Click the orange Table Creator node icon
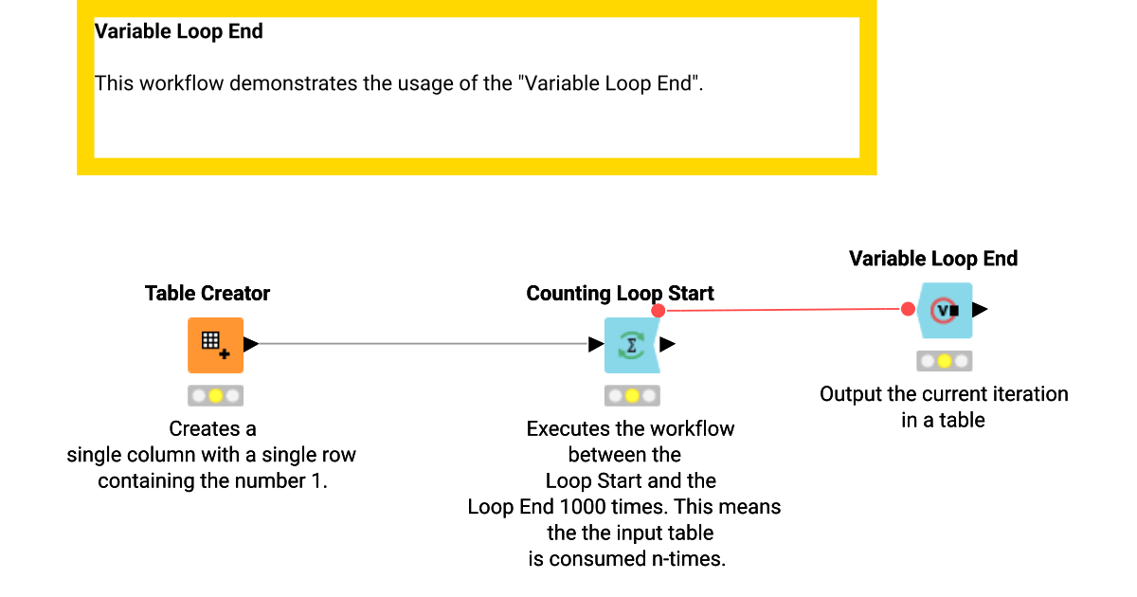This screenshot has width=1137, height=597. pyautogui.click(x=215, y=345)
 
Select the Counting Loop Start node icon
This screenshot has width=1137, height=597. pyautogui.click(x=631, y=345)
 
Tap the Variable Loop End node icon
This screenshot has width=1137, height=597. pyautogui.click(x=945, y=310)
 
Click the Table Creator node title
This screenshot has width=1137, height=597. pyautogui.click(x=208, y=294)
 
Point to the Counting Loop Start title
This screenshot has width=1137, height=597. pyautogui.click(x=620, y=294)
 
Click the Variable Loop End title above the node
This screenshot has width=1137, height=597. pyautogui.click(x=933, y=259)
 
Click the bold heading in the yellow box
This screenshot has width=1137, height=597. pyautogui.click(x=178, y=31)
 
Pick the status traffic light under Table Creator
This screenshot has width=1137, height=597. pyautogui.click(x=215, y=395)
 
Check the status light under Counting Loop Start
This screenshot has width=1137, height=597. pyautogui.click(x=632, y=395)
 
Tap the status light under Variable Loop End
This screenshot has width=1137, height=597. pyautogui.click(x=945, y=360)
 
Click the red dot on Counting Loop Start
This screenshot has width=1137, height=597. pyautogui.click(x=659, y=310)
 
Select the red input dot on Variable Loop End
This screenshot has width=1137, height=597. pyautogui.click(x=908, y=309)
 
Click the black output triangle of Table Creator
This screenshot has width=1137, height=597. pyautogui.click(x=251, y=344)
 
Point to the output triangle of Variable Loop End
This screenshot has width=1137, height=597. pyautogui.click(x=980, y=309)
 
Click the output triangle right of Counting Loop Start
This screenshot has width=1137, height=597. pyautogui.click(x=667, y=344)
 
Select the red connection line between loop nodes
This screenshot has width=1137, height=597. pyautogui.click(x=783, y=309)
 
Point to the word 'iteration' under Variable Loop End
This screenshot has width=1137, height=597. pyautogui.click(x=1028, y=394)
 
